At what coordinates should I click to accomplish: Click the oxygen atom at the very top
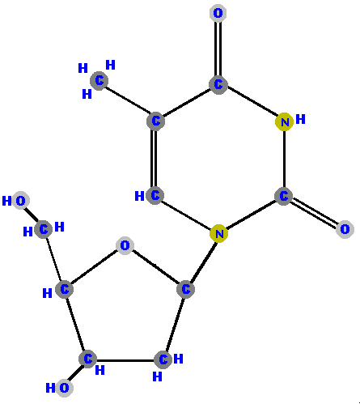tap(218, 13)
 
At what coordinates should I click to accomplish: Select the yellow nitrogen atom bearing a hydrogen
tap(285, 122)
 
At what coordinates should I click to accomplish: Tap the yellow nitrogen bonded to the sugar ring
tap(219, 233)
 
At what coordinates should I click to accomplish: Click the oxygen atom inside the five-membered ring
tap(125, 245)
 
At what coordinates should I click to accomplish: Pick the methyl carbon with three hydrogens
tap(99, 81)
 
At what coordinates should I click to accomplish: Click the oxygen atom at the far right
tap(345, 229)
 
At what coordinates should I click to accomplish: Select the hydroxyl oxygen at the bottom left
tap(64, 388)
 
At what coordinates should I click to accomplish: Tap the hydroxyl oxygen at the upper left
tap(20, 201)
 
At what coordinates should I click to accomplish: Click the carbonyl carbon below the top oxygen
tap(218, 85)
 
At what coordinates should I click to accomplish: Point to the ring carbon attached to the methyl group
tap(155, 121)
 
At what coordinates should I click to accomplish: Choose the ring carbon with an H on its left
tap(155, 195)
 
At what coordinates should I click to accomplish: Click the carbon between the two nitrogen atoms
tap(283, 196)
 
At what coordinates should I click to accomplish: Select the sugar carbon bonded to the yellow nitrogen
tap(185, 289)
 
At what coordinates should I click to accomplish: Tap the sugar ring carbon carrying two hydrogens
tap(163, 359)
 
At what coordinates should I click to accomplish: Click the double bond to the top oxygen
tap(218, 49)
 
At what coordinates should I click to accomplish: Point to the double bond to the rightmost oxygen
tap(314, 213)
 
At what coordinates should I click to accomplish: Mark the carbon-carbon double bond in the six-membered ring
tap(155, 158)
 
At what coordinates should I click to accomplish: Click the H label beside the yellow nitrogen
tap(300, 119)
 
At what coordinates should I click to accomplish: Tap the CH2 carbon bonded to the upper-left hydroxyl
tap(44, 229)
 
